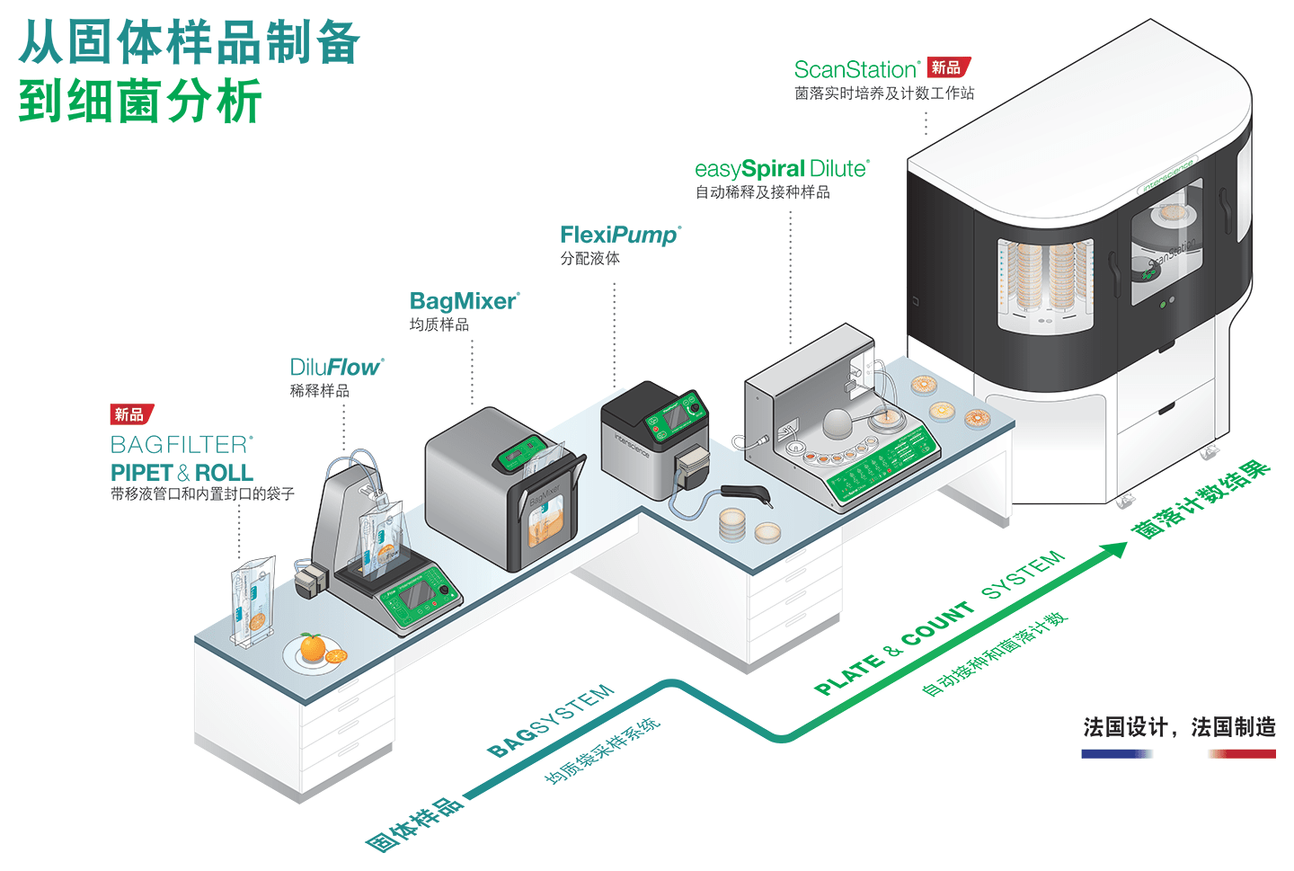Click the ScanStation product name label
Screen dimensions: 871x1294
856,69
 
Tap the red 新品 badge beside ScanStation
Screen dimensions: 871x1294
948,67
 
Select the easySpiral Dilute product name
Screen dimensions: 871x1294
781,169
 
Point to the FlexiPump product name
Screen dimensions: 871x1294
620,236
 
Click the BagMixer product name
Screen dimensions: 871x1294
464,301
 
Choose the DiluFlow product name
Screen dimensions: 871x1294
335,368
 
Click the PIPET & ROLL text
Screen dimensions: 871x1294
182,473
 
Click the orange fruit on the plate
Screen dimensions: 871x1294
313,646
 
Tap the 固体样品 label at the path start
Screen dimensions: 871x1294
414,823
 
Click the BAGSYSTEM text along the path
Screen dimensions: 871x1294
551,720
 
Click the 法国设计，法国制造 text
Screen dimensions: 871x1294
1179,727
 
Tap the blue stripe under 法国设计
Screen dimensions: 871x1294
1117,754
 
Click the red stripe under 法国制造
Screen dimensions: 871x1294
1243,754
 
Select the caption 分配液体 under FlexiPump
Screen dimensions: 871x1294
590,259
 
